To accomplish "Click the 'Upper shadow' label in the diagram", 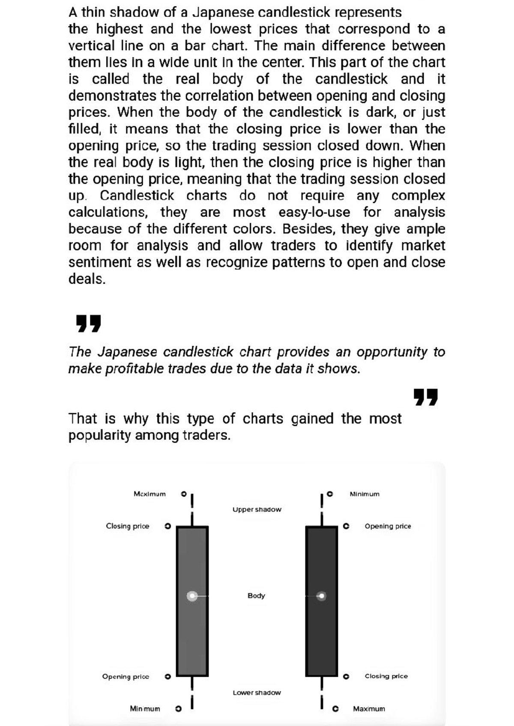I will point(257,509).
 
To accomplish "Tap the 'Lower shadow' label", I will point(257,693).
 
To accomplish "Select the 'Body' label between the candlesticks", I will point(256,595).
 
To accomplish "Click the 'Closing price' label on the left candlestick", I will point(128,526).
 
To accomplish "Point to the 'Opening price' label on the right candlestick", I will point(388,526).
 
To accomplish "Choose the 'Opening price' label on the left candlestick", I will point(126,677).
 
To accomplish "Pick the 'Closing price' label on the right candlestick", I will point(386,676).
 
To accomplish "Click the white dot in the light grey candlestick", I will point(192,596).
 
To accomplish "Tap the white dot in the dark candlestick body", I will point(321,596).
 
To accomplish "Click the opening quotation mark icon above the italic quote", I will point(88,323).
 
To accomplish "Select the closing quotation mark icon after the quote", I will point(425,397).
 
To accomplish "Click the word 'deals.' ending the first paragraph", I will point(87,279).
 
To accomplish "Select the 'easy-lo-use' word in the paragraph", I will point(314,212).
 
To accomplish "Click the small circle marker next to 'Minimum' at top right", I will point(329,494).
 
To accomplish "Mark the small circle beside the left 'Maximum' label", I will point(183,494).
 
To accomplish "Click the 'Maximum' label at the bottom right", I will point(369,709).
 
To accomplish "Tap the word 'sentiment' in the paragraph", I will point(100,262).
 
